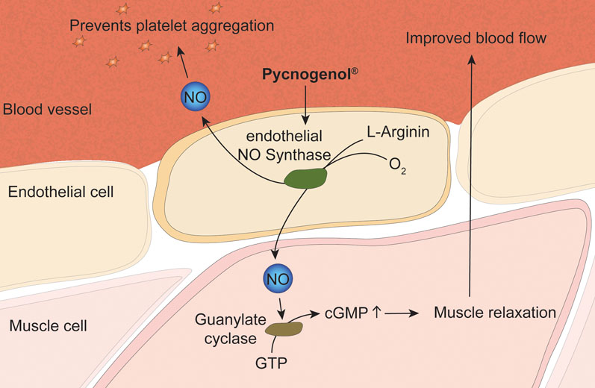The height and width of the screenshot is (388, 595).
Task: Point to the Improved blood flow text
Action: (x=476, y=37)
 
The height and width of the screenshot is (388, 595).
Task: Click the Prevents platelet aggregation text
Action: (x=172, y=25)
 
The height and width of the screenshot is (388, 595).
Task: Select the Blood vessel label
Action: (x=46, y=110)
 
